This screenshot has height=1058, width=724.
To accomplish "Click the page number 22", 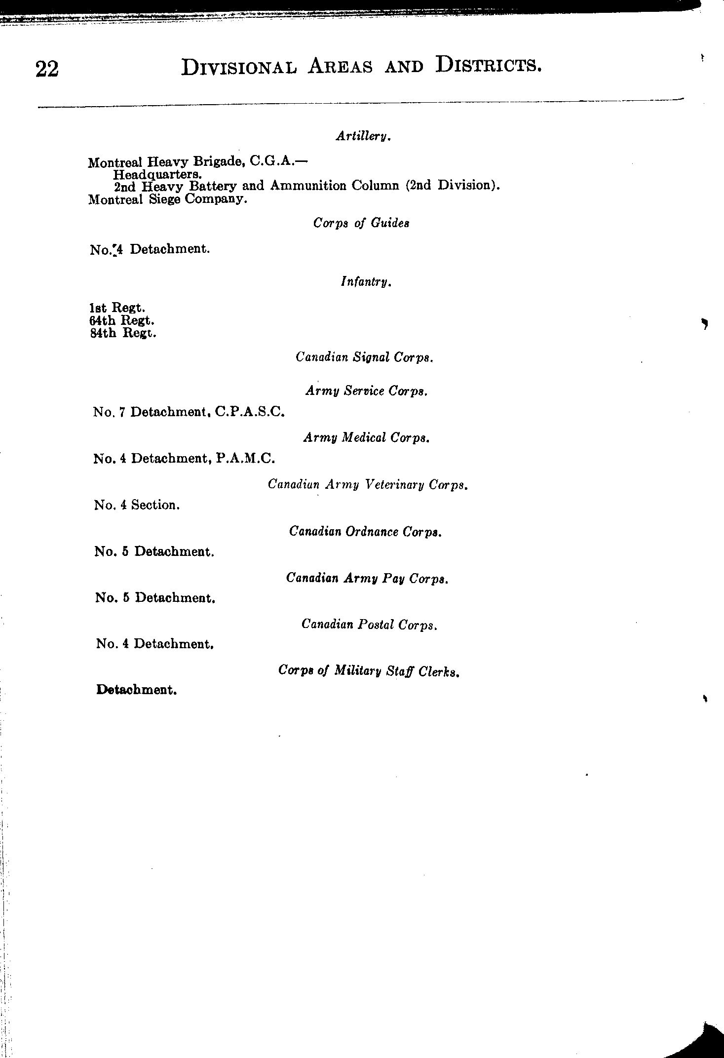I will pos(47,69).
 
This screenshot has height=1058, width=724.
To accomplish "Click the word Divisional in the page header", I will pos(239,67).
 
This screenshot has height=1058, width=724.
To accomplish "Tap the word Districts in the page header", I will pos(489,66).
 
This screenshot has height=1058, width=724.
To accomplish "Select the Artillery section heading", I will pos(364,136).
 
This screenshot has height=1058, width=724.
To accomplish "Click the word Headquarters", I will pos(156,174).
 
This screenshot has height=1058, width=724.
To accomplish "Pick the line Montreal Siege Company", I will pos(167,199).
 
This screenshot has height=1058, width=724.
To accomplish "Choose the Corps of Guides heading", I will pos(361,223).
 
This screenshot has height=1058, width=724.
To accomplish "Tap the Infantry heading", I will pos(366,282).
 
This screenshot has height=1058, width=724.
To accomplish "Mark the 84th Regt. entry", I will pos(123,333).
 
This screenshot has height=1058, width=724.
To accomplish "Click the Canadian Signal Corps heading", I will pos(364,357).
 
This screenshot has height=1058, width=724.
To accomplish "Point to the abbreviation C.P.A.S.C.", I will pos(250,411).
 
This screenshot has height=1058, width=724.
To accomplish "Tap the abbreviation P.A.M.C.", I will pos(245,458).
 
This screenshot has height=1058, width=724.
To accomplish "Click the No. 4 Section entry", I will pos(137,505).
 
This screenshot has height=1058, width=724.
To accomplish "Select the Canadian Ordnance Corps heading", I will pos(365,532).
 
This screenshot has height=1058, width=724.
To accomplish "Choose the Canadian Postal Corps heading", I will pos(370,625).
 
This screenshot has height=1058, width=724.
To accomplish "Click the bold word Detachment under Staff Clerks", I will pos(137,690).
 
